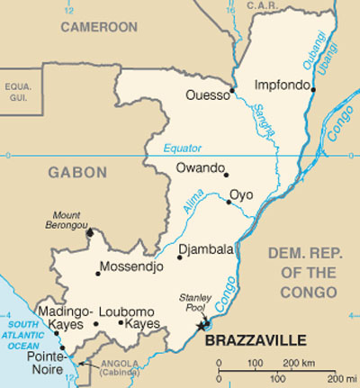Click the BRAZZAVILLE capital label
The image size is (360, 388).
tap(256, 339)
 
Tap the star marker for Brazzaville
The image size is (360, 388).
tap(204, 324)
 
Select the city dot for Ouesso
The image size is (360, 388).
tap(232, 90)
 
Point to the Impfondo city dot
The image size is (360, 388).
tap(313, 89)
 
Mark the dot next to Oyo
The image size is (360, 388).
tap(229, 202)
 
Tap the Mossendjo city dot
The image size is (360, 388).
tap(98, 273)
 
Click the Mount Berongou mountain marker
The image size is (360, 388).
tap(89, 233)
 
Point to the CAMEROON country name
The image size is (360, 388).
tap(98, 28)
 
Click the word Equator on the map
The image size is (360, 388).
tap(184, 149)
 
